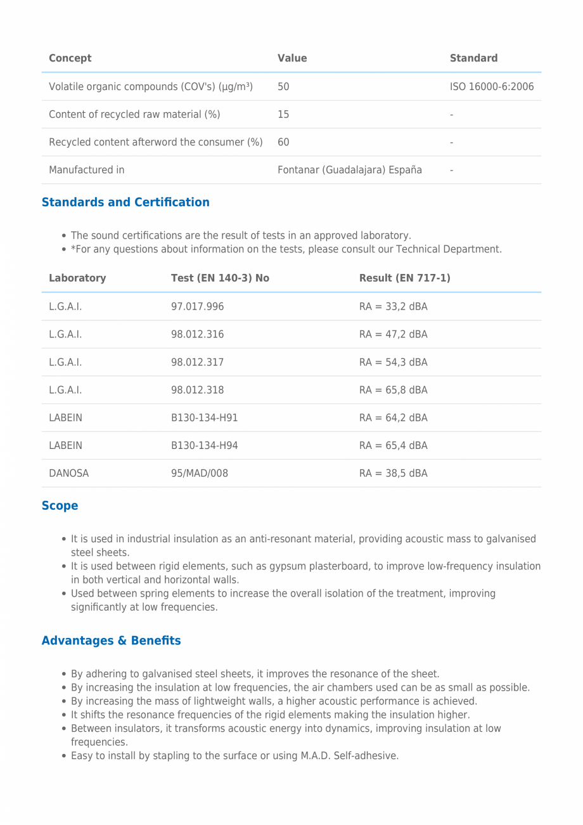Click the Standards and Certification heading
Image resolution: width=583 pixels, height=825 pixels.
[x=125, y=202]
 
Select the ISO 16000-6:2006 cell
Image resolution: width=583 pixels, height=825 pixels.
[x=492, y=86]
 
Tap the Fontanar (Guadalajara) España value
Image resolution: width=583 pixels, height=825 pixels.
[x=349, y=170]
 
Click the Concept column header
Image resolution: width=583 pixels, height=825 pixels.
[x=70, y=58]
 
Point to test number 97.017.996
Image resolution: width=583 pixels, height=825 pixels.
[x=197, y=307]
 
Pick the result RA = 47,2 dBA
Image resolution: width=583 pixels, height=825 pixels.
[x=393, y=335]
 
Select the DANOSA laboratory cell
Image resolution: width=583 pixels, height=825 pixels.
[x=68, y=474]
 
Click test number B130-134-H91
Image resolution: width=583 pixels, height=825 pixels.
[x=204, y=418]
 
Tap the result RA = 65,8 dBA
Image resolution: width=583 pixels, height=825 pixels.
[x=393, y=390]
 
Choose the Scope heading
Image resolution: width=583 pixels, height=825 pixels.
[x=60, y=506]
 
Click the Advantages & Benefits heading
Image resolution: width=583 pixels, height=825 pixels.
[x=111, y=641]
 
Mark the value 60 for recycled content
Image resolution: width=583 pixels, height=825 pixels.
[x=283, y=142]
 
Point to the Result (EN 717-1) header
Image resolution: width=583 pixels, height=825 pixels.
[x=404, y=278]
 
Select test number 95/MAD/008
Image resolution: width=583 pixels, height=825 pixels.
[x=199, y=474]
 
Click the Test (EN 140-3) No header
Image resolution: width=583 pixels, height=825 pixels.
[x=220, y=278]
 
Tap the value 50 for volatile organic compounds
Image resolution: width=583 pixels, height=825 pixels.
[x=283, y=86]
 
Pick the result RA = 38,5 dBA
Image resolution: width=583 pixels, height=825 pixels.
[x=393, y=474]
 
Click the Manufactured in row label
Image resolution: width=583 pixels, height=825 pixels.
[x=86, y=170]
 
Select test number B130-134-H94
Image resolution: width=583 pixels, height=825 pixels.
[x=204, y=446]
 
